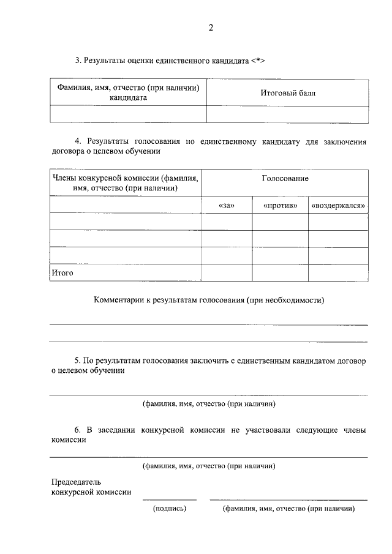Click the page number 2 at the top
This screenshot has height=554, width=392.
click(210, 28)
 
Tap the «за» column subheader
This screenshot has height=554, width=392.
click(227, 206)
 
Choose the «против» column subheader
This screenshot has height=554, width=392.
click(280, 206)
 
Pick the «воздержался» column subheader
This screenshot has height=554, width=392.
click(339, 206)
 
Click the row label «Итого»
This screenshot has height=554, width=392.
click(62, 273)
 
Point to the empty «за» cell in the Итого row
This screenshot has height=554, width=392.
click(227, 273)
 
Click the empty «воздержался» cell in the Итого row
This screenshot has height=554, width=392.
click(339, 273)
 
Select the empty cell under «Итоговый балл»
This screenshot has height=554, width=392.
click(288, 114)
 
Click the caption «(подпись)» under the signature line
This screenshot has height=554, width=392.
click(170, 508)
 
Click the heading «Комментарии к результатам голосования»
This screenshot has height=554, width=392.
click(208, 300)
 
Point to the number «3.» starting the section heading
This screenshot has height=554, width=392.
click(78, 61)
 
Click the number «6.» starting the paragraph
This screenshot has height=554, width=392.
click(78, 430)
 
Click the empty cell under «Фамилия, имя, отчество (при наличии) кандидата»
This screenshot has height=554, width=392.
click(128, 114)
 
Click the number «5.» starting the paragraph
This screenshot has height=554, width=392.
click(78, 361)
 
